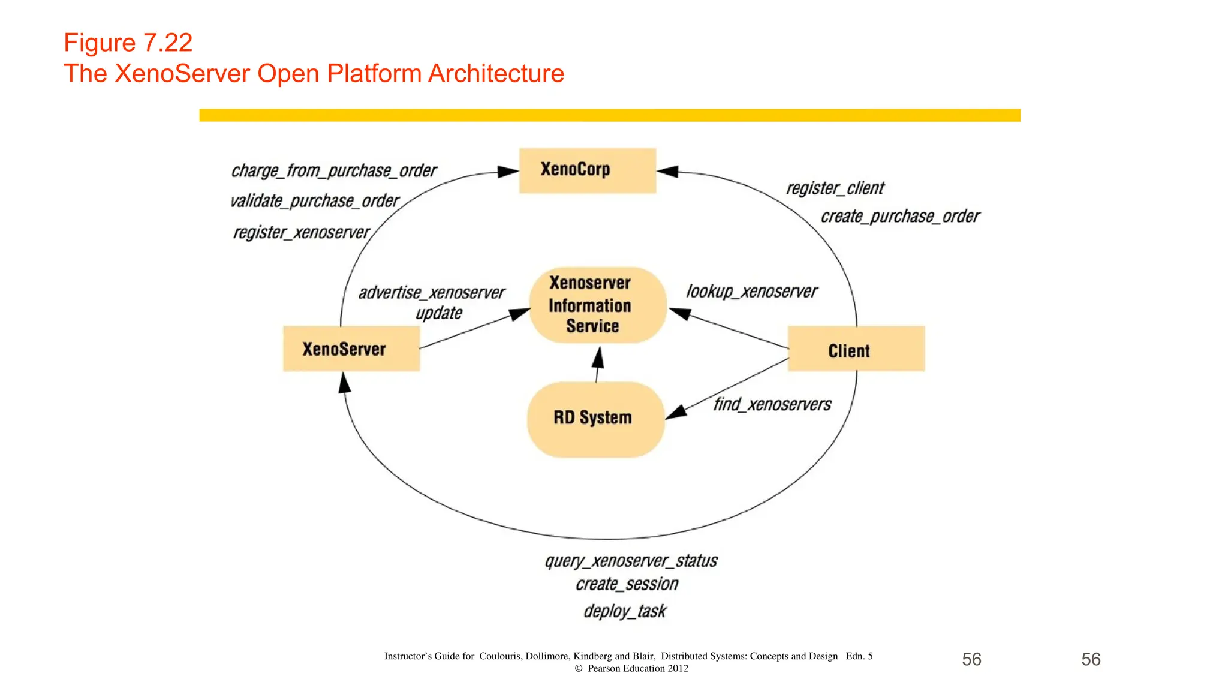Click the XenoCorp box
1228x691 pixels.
[587, 170]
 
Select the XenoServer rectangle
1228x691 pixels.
[351, 348]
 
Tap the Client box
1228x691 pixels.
[856, 349]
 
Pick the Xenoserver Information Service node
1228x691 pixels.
[597, 305]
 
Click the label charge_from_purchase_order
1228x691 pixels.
[334, 171]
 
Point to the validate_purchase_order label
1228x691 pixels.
[315, 201]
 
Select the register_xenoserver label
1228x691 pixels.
[302, 232]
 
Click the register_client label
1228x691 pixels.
[835, 188]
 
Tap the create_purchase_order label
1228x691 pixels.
[900, 217]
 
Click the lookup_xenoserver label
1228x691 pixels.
[751, 292]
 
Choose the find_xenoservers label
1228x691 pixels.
[772, 405]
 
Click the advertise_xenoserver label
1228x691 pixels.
[432, 293]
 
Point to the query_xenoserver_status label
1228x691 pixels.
[631, 561]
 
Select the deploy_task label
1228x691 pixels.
[625, 611]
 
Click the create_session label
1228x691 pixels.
[627, 584]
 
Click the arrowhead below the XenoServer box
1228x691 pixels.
[344, 383]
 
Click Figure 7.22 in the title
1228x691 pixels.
[128, 43]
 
